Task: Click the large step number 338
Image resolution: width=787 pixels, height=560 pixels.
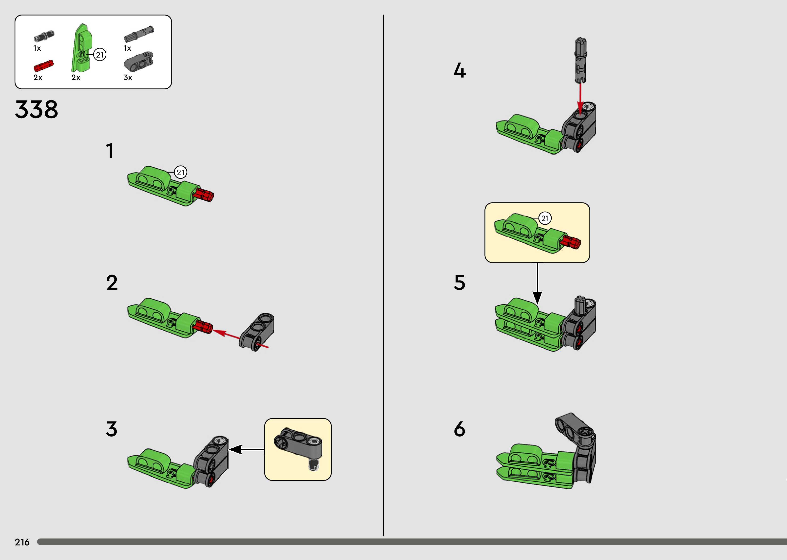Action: click(37, 109)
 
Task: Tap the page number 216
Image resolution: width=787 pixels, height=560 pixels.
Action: click(22, 542)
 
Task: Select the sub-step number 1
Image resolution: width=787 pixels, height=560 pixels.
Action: click(110, 151)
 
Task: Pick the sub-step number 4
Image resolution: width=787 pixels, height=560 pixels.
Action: click(460, 71)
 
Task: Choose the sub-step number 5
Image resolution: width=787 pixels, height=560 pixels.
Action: click(460, 283)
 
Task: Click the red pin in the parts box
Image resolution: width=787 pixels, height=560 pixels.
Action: click(44, 65)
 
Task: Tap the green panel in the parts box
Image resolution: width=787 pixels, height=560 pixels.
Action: click(81, 48)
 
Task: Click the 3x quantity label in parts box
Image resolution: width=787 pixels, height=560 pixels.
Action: click(128, 78)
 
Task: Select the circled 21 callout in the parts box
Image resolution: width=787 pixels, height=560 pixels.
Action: click(100, 55)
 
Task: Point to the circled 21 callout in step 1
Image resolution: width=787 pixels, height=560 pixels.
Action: click(181, 172)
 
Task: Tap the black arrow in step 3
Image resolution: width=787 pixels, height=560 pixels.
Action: click(246, 449)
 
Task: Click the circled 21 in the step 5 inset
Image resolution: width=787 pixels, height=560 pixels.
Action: click(545, 218)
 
